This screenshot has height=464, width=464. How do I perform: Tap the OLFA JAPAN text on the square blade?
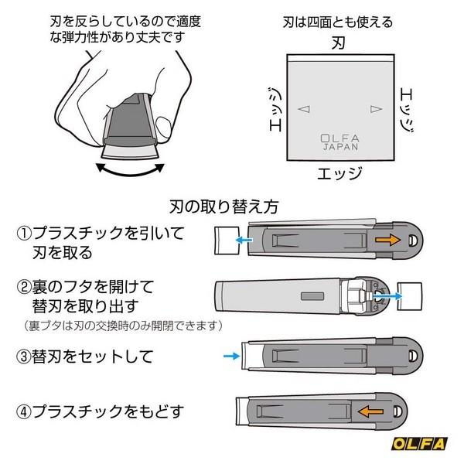click(x=334, y=144)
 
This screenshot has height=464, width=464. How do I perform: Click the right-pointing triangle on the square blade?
click(x=376, y=109)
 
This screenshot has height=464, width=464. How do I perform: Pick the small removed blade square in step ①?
click(x=223, y=241)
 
